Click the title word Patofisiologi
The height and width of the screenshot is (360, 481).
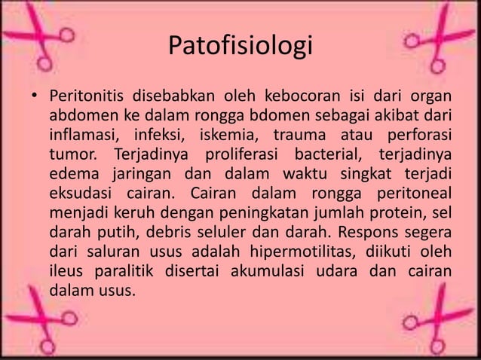pyautogui.click(x=240, y=46)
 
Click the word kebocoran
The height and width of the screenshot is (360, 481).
pyautogui.click(x=302, y=97)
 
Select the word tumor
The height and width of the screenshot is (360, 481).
pyautogui.click(x=73, y=155)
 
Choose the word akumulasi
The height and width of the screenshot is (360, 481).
pyautogui.click(x=274, y=270)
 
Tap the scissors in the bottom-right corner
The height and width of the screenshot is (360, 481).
pyautogui.click(x=437, y=320)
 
